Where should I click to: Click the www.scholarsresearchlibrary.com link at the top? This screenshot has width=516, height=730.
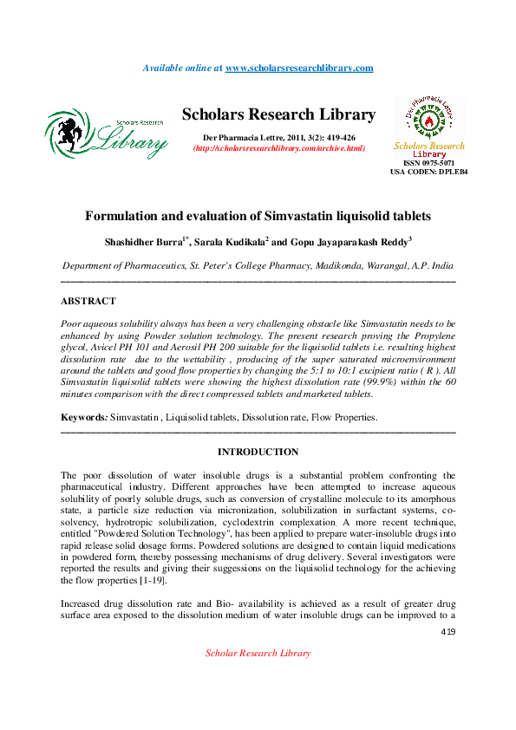click(x=299, y=68)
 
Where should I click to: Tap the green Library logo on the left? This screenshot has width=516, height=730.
click(x=106, y=134)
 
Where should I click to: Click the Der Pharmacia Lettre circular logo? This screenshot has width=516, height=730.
click(x=428, y=118)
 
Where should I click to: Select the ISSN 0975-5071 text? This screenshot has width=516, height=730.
click(x=428, y=163)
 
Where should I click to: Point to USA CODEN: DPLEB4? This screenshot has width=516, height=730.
click(x=428, y=172)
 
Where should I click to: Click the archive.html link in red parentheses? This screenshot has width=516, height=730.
click(x=278, y=149)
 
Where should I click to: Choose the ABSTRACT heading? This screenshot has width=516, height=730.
click(x=88, y=301)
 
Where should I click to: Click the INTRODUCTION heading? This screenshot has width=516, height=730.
click(x=258, y=452)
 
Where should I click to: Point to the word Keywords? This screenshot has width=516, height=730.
click(x=83, y=417)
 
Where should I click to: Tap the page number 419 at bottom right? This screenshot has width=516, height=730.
click(x=447, y=632)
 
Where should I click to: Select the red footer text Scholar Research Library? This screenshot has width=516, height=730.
click(x=258, y=653)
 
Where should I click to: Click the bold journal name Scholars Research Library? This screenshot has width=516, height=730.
click(x=278, y=115)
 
